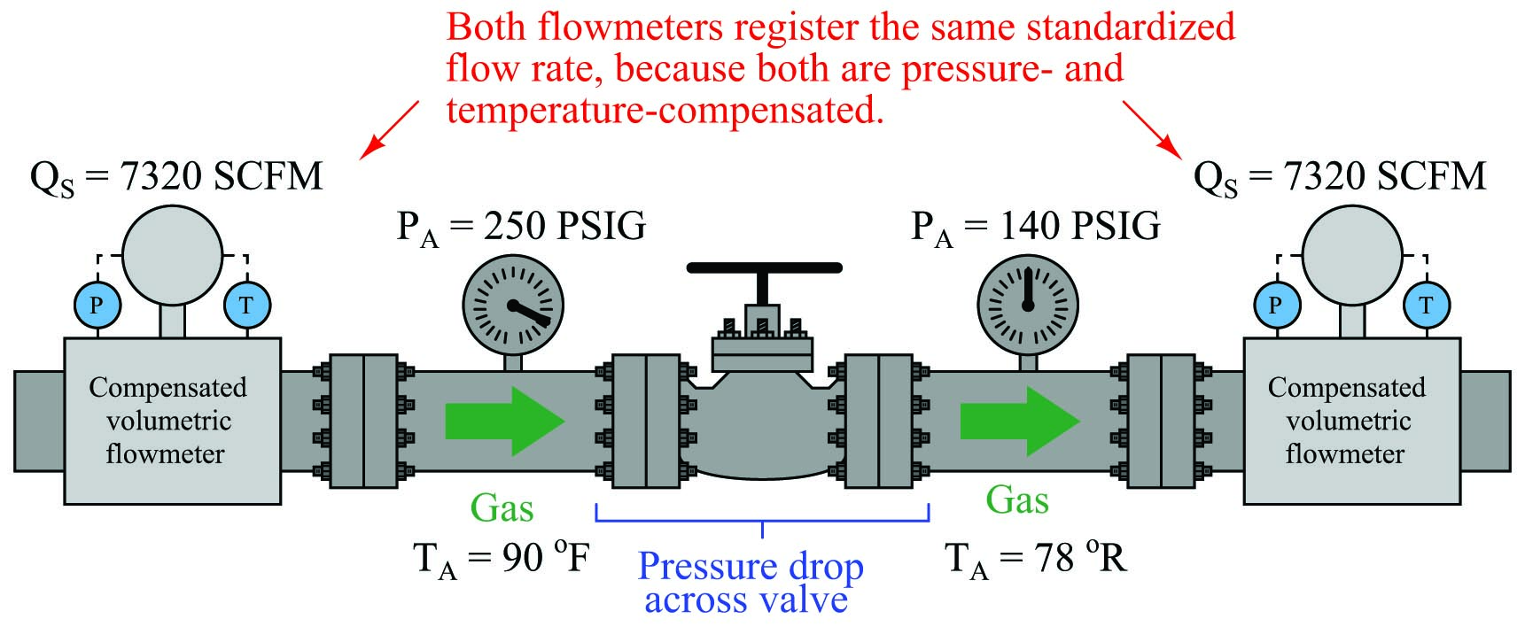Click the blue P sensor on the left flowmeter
pos(97,306)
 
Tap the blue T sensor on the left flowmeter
pos(246,306)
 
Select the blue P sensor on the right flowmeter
pos(1275,306)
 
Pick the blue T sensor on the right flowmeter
pos(1426,306)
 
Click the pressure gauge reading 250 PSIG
pos(513,306)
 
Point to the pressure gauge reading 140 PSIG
pos(1028,306)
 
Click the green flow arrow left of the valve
pos(505,420)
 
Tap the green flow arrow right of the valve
pos(1020,420)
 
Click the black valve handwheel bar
pos(764,267)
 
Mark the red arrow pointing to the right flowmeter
pos(1153,129)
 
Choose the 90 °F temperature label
pos(502,559)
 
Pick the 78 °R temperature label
pos(1036,559)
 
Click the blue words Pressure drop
pos(751,567)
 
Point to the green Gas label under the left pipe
pos(502,508)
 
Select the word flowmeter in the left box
pos(166,454)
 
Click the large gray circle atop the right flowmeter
pos(1352,255)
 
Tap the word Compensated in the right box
pos(1347,388)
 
